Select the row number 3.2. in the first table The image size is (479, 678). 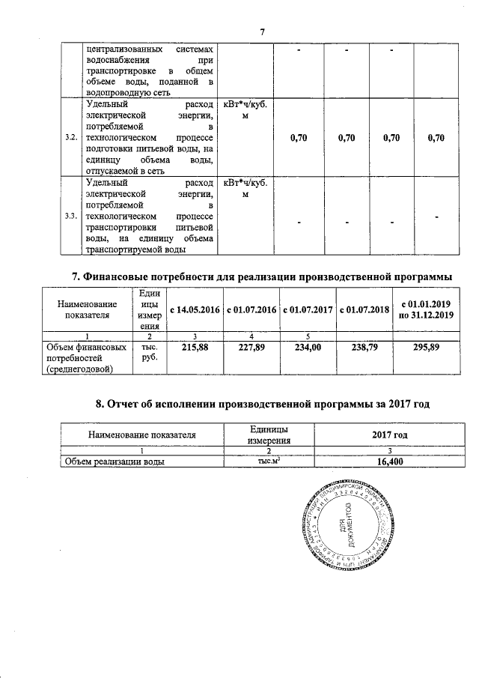[71, 138]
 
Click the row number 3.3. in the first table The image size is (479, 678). [71, 217]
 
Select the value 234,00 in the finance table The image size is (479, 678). [308, 348]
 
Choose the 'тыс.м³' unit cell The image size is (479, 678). [269, 461]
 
